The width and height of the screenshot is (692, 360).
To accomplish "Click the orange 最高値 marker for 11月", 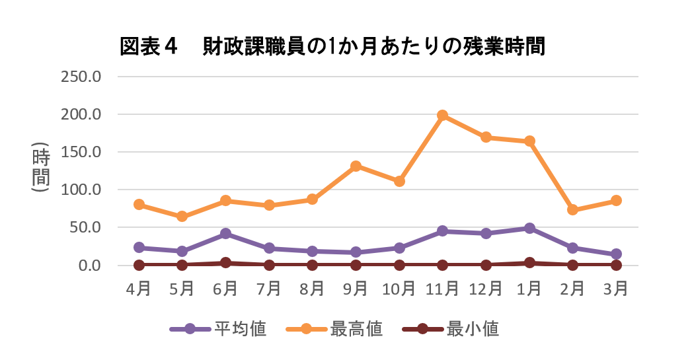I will pos(442,116).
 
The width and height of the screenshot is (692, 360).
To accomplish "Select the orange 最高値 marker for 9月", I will pos(356,166).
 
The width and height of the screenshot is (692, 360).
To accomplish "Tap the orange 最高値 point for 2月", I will pos(572,209).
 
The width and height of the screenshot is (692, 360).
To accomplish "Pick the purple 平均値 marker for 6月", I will pos(225,233).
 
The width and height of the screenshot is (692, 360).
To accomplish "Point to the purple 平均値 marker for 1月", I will pos(529,228).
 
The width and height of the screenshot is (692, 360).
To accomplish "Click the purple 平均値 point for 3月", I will pos(616,254).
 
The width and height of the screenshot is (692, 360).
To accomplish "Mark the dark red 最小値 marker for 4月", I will pos(139,265).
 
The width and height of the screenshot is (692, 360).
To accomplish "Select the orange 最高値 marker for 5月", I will pos(182,217).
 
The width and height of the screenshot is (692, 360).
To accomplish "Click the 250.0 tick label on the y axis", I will pos(80,77).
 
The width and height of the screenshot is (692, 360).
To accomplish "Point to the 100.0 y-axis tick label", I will pos(80,190).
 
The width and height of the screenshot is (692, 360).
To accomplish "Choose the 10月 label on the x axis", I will pos(399,289).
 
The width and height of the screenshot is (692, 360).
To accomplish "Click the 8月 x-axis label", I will pos(312,289).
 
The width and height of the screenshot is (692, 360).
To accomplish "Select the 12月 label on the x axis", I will pos(485,289).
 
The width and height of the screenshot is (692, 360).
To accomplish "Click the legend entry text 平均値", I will pos(240,328).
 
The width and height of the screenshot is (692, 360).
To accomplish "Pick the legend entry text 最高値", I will pos(356,328).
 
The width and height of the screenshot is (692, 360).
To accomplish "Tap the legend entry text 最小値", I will pos(473,328).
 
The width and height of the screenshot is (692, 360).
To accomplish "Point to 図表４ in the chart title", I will pos(150,47).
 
